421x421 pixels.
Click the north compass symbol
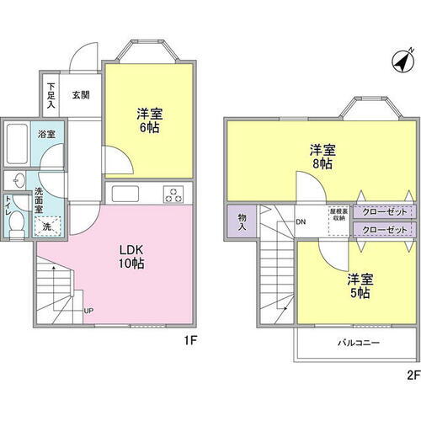(x=402, y=61)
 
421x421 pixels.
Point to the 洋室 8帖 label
(x=320, y=157)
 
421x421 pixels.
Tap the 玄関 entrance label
(x=80, y=94)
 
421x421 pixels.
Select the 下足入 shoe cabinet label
(x=51, y=95)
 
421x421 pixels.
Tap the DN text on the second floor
(x=301, y=222)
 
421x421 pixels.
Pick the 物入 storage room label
(x=242, y=222)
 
